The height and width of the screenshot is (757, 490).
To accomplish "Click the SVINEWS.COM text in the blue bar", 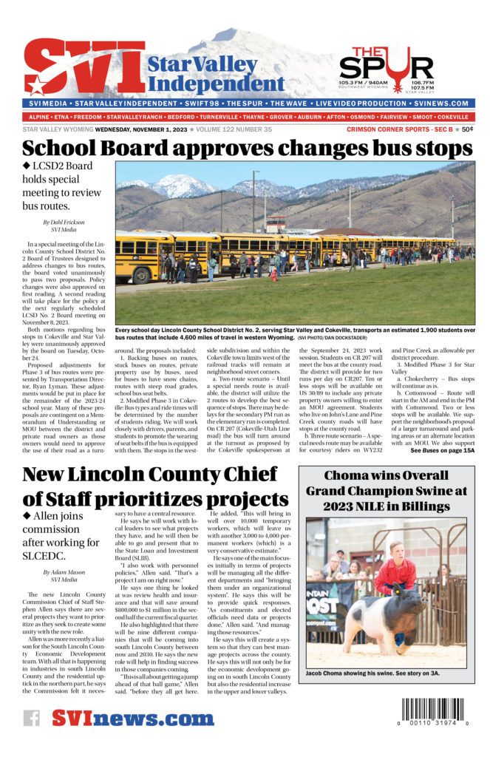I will pyautogui.click(x=438, y=103).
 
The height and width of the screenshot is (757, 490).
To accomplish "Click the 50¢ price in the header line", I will pyautogui.click(x=468, y=129).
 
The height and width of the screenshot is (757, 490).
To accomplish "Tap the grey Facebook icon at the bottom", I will pyautogui.click(x=31, y=718).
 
